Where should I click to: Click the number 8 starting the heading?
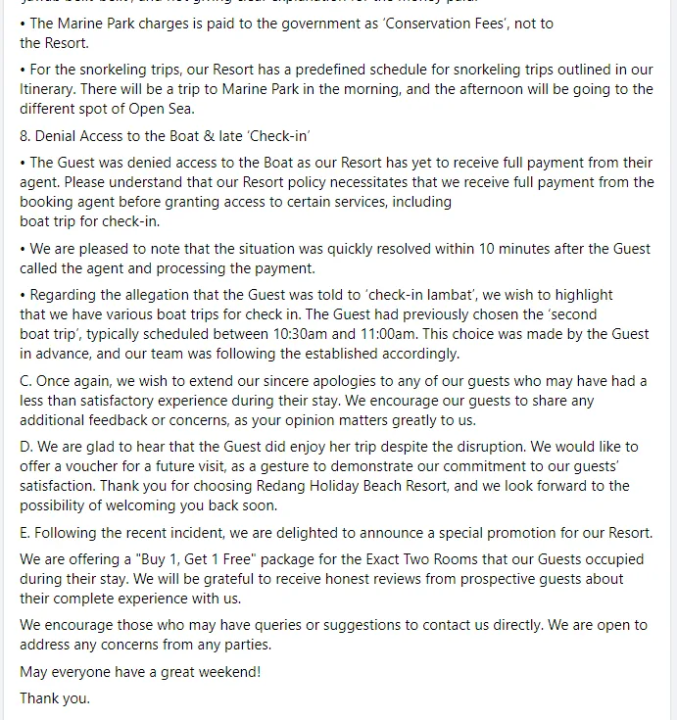click(24, 135)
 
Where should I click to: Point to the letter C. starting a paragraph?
click(25, 381)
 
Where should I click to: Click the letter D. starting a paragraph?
click(26, 447)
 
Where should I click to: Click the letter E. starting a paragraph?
click(25, 533)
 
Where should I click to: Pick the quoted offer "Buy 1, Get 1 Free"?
click(228, 559)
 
